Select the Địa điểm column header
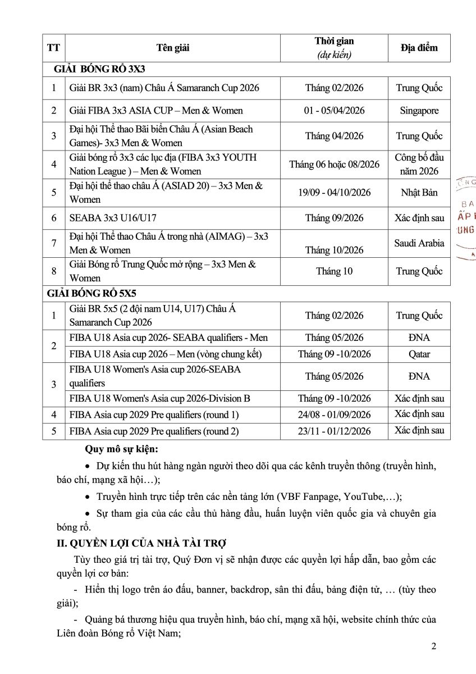coord(419,48)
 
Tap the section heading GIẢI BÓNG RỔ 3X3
coord(100,70)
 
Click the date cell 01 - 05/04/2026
coord(334,111)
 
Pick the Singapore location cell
coord(419,111)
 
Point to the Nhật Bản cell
coord(419,193)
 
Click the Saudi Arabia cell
coord(419,243)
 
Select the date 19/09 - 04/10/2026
coord(334,193)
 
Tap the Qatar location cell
coord(419,354)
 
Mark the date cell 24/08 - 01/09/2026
coord(334,415)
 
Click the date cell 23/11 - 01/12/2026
coord(334,431)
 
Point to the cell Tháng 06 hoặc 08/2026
coord(334,165)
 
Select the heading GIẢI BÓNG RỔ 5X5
coord(92,293)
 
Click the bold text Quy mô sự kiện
coord(121,449)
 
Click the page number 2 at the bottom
coord(433,646)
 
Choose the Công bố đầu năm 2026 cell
coord(419,165)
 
